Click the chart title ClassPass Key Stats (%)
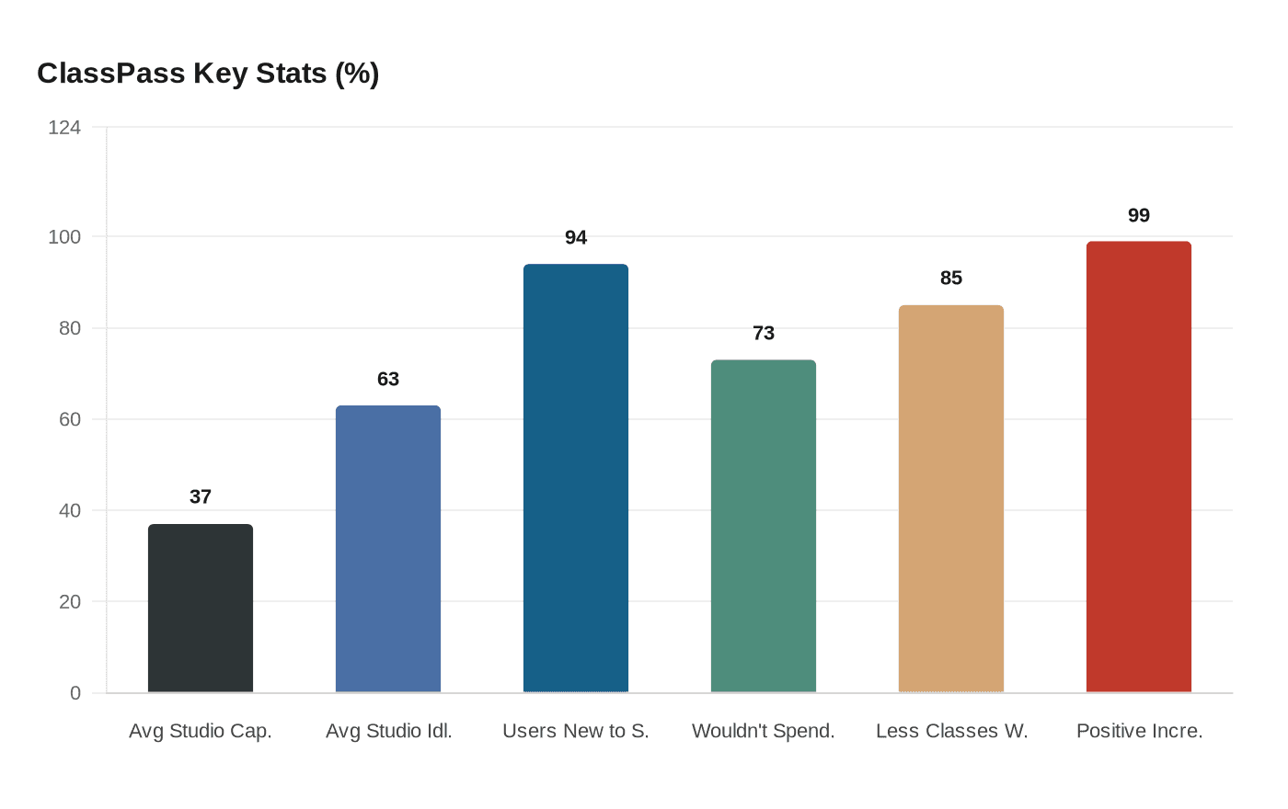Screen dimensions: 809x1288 [208, 74]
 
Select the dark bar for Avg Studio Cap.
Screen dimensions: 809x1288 [201, 608]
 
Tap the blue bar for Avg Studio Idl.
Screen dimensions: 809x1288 [388, 549]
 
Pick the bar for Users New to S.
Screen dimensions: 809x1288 [576, 478]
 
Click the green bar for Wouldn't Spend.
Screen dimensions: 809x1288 [764, 526]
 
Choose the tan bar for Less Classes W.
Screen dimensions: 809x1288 [951, 498]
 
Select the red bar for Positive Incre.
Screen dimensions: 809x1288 [1139, 467]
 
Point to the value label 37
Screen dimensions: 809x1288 [201, 497]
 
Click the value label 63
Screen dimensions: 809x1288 [388, 380]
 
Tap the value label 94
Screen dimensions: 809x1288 [576, 238]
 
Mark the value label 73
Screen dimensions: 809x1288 [764, 334]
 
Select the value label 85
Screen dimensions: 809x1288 [951, 279]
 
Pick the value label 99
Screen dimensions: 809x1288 [1139, 216]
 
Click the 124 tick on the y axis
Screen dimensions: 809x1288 [64, 128]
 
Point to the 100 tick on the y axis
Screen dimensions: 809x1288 [64, 237]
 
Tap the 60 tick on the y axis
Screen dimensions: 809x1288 [70, 419]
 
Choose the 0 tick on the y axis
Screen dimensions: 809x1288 [75, 693]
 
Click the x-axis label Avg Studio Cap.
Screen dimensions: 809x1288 [201, 732]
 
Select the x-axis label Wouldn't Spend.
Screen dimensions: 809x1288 [764, 732]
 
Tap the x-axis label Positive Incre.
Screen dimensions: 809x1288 [1139, 732]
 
